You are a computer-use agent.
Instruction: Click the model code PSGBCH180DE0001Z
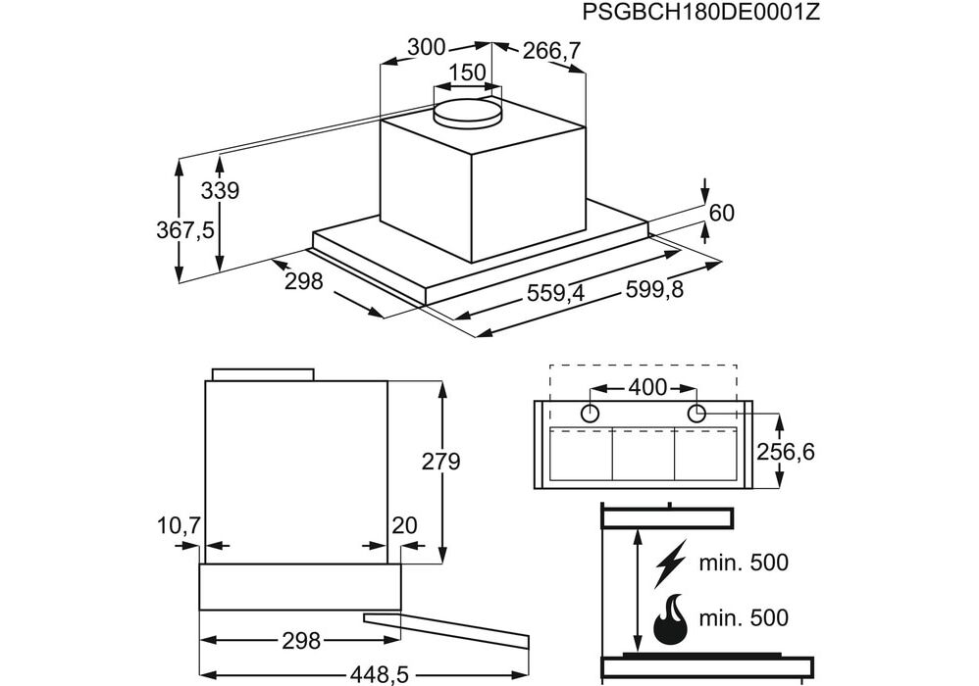click(x=700, y=13)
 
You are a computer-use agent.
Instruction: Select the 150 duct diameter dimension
click(x=468, y=73)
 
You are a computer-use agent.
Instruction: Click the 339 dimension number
click(x=220, y=191)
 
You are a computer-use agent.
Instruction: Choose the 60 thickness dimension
click(x=721, y=213)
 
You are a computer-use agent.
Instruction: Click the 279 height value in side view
click(x=440, y=461)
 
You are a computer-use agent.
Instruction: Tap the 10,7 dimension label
click(x=178, y=526)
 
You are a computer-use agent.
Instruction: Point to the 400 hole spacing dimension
click(x=646, y=387)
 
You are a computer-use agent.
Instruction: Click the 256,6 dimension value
click(x=786, y=452)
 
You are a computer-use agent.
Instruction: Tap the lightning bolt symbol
click(x=670, y=563)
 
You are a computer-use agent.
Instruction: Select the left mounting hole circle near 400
click(x=591, y=413)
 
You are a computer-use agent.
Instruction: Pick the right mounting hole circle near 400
click(x=696, y=413)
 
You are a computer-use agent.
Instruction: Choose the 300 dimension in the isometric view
click(x=427, y=48)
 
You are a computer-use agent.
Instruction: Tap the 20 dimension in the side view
click(x=404, y=526)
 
